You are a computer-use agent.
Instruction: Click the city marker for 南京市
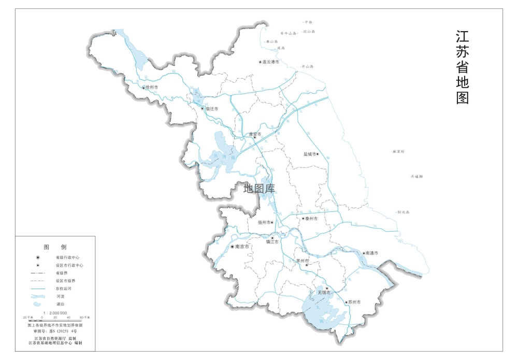232,247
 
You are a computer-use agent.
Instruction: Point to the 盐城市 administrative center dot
317,154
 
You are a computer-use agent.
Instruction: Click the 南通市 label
372,253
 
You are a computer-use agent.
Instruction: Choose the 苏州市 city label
354,302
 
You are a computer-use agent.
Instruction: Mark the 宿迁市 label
212,109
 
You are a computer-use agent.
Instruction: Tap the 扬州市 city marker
272,222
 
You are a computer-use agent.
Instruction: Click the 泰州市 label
311,219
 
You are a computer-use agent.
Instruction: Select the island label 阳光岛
404,212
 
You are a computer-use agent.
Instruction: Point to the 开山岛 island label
308,66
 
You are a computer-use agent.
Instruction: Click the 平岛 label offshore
309,22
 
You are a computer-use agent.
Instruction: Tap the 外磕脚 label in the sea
417,177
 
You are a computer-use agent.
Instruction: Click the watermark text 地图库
259,189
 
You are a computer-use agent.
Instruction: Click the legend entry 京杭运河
62,288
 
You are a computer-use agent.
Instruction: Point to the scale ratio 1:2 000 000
55,313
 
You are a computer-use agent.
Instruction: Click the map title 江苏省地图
462,67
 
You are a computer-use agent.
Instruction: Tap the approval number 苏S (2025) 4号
55,330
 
